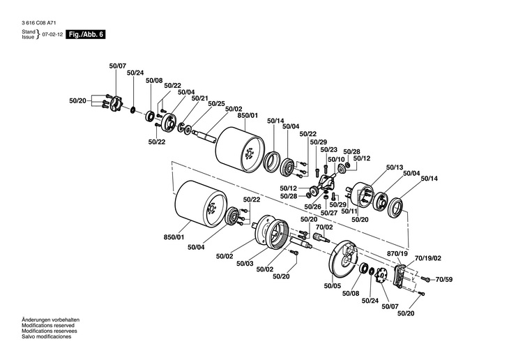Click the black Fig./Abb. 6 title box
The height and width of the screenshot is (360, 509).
[x=86, y=34]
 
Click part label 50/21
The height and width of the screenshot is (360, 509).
[x=199, y=98]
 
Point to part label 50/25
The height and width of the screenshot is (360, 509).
[x=216, y=104]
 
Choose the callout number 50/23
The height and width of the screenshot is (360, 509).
[x=329, y=150]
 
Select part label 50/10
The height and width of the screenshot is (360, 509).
[x=336, y=160]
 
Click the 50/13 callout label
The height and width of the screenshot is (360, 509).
[x=395, y=167]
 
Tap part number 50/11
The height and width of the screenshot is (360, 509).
[x=349, y=211]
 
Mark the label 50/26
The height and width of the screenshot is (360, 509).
[x=312, y=207]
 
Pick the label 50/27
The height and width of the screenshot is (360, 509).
[x=329, y=213]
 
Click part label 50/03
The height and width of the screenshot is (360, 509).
[x=245, y=264]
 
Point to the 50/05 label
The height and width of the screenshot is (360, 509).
[x=333, y=286]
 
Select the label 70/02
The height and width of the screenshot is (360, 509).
[x=324, y=227]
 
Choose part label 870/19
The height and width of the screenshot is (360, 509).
[x=397, y=253]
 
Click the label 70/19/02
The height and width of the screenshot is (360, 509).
[x=428, y=258]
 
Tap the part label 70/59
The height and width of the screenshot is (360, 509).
[x=443, y=280]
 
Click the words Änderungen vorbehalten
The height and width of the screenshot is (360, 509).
[x=50, y=320]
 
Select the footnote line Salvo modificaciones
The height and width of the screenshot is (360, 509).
[x=47, y=336]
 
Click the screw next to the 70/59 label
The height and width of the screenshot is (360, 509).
[x=425, y=278]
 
